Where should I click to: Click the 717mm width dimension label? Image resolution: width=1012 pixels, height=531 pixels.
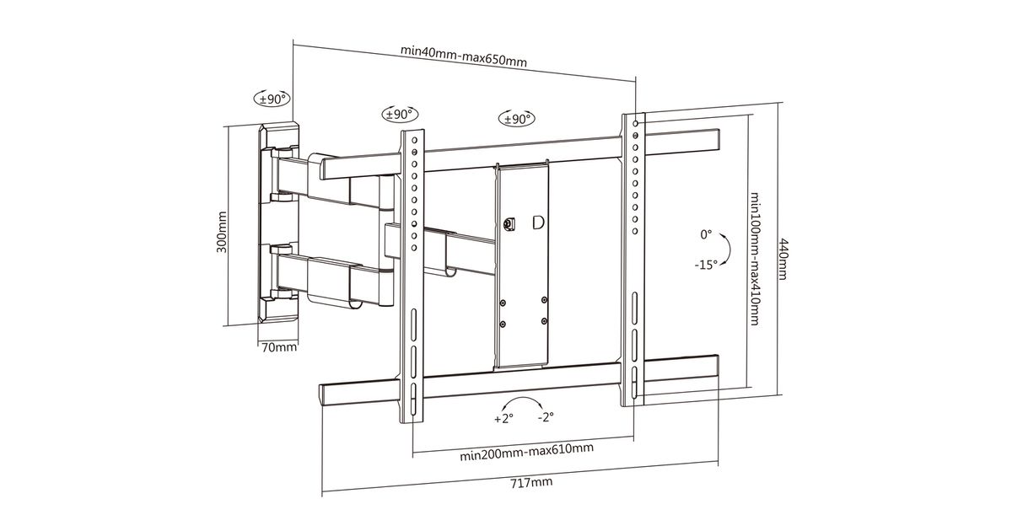tap(531, 482)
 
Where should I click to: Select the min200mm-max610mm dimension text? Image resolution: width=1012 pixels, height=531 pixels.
tap(527, 452)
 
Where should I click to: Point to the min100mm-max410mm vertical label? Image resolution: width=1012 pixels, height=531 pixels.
tap(754, 259)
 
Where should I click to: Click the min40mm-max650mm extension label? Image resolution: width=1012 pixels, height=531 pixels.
tap(464, 56)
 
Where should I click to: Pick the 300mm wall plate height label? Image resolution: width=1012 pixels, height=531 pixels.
tap(222, 232)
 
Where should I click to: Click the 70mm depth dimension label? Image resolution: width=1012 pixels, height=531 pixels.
tap(279, 347)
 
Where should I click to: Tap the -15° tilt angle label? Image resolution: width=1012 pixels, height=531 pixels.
tap(706, 265)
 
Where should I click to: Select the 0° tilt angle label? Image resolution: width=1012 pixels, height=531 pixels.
tap(706, 234)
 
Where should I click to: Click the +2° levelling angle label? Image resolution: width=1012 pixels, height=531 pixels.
tap(503, 419)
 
